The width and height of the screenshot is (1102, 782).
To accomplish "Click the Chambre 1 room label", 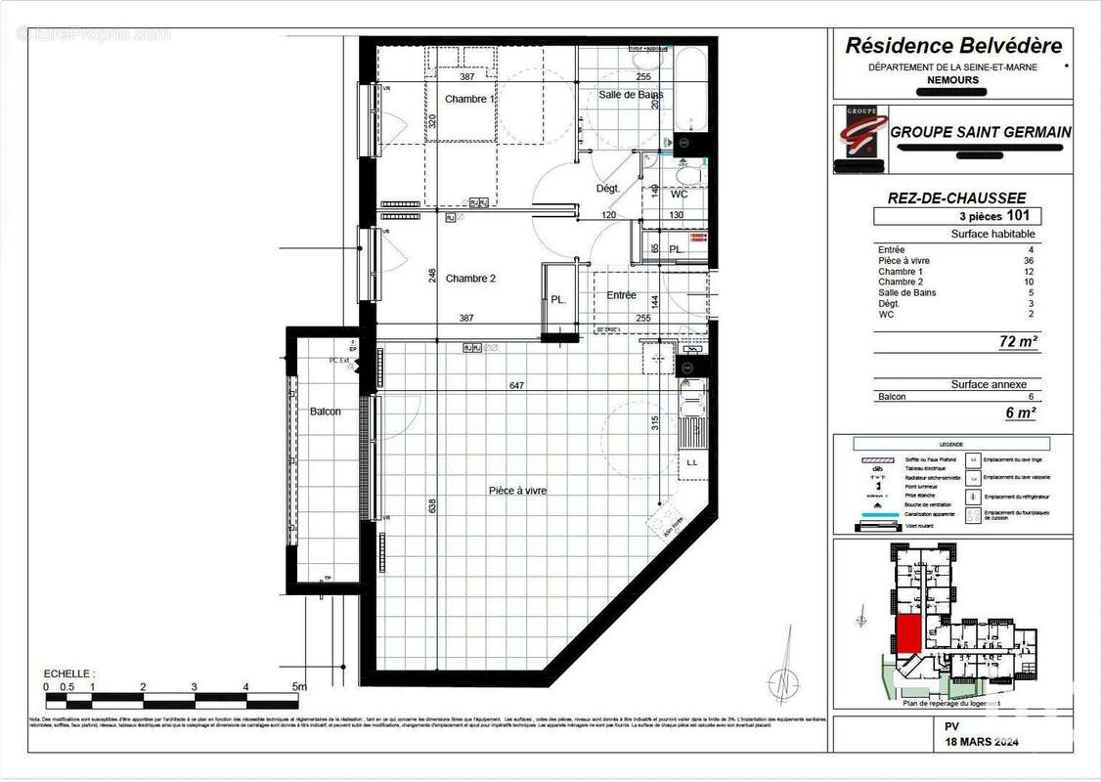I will tap(470, 99).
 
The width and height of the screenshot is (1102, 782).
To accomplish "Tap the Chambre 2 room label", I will tap(470, 279).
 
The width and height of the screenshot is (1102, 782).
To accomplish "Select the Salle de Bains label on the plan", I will tap(631, 95).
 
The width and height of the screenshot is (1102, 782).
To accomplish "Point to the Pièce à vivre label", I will tap(517, 491).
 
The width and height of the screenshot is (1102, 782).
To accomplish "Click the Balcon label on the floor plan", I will tap(326, 412).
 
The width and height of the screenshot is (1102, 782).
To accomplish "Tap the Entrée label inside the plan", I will tap(621, 295).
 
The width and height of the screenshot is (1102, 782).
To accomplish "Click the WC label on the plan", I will tap(679, 195).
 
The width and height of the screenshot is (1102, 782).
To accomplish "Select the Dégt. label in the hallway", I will tap(608, 189).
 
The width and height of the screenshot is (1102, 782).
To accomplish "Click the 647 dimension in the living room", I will tap(516, 386).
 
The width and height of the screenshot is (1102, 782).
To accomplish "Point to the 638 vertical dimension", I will tap(430, 505).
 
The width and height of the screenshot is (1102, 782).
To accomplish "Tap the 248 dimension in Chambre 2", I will tap(432, 277).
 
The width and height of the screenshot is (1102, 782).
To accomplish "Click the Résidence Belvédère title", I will tap(952, 45).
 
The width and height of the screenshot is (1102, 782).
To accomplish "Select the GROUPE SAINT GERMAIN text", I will tap(980, 132).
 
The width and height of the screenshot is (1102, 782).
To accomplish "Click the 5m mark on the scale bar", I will tap(301, 687).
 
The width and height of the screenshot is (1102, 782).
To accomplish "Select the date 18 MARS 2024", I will tap(981, 743).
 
